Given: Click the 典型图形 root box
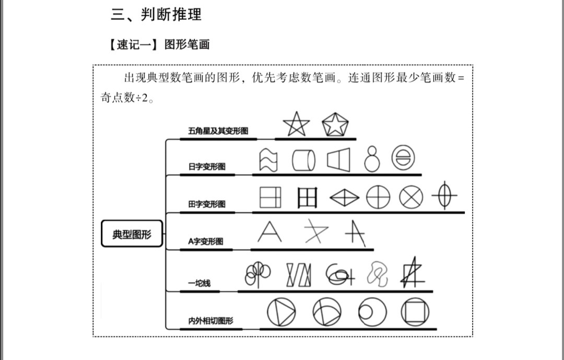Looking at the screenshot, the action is point(132,234).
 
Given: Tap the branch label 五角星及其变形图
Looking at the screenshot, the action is point(218,131).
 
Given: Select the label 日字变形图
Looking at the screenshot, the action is point(207,166).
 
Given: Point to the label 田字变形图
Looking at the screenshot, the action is point(207,204).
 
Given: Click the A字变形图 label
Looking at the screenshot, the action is point(205,241).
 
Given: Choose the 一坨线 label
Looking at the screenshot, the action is point(199,283).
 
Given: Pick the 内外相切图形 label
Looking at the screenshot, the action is point(211,320).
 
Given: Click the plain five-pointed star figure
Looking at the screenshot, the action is point(297,124).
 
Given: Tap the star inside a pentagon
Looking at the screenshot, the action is point(335,124).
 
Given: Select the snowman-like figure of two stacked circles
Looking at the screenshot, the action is point(372,159).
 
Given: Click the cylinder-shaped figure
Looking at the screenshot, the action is point(303,160).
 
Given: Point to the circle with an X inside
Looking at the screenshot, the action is point(411,197).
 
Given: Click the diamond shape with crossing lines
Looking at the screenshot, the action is point(344,198).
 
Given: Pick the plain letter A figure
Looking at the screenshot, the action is point(269,232).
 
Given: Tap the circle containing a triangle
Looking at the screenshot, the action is point(281,312).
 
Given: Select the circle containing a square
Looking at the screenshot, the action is point(415,312).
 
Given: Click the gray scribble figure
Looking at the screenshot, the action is point(378,274).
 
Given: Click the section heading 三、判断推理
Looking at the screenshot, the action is point(156,15).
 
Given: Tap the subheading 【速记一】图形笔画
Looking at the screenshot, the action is point(159,44).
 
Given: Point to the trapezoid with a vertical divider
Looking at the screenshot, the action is point(338,159).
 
